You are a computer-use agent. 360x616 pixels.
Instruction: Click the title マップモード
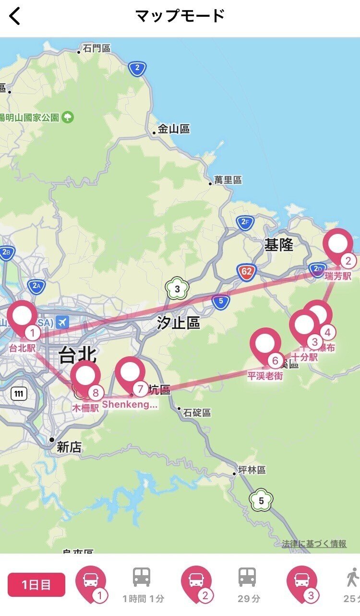(180, 16)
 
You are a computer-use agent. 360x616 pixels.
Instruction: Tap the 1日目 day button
(36, 585)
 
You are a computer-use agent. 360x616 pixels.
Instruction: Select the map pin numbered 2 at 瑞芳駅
(338, 245)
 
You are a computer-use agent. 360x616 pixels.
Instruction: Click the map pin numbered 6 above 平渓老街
(265, 344)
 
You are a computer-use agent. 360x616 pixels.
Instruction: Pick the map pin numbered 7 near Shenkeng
(130, 373)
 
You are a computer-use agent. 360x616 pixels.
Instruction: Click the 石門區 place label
(96, 48)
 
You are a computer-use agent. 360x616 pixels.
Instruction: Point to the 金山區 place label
(174, 129)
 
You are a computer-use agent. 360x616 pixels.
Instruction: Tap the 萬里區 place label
(228, 181)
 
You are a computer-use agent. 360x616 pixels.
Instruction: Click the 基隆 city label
(278, 245)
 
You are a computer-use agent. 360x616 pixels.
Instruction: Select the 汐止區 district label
(178, 323)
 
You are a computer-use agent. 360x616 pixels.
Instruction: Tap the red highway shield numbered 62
(247, 272)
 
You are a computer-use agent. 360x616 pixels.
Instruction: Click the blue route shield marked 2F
(245, 222)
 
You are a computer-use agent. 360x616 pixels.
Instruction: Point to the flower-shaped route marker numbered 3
(177, 289)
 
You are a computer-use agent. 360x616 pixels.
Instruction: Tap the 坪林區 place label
(252, 470)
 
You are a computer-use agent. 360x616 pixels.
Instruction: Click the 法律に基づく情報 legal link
(314, 544)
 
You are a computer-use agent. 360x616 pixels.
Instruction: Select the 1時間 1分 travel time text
(143, 599)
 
